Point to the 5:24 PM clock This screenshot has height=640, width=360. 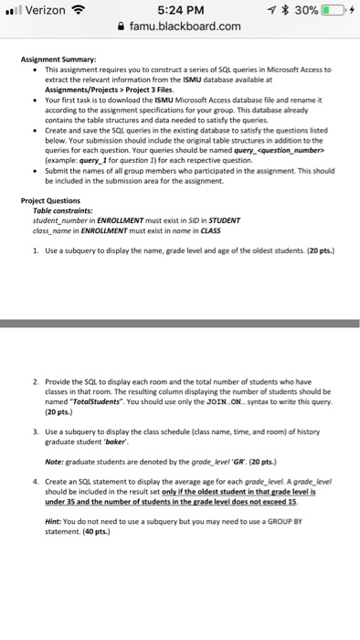click(x=179, y=10)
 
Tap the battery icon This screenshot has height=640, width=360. click(x=332, y=10)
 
